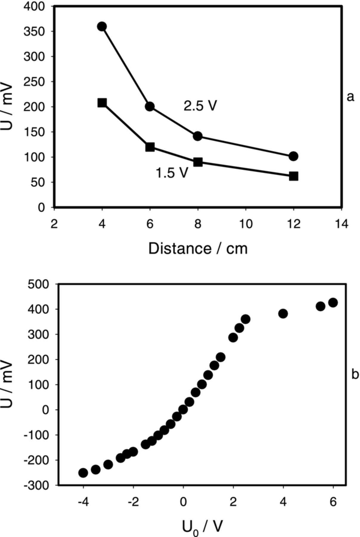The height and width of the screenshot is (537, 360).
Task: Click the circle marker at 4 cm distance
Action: (102, 27)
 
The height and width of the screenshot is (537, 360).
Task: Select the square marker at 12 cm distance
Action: (293, 176)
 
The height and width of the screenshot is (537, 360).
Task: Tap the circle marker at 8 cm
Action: (197, 136)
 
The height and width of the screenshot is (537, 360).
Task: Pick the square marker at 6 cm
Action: (150, 147)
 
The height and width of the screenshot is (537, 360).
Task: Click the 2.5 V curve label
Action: (200, 106)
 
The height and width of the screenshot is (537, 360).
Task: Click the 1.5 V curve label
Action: (172, 173)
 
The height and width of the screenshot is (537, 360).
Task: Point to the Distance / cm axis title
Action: (198, 249)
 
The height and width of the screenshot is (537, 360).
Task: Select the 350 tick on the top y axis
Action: (34, 31)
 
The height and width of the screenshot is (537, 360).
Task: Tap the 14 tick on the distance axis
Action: (342, 224)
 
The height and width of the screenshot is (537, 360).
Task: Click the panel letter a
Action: (350, 97)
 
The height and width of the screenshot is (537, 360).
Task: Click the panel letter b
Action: (355, 374)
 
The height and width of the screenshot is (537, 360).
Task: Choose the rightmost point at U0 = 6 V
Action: (333, 303)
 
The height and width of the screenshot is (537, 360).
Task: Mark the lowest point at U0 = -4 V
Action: (83, 473)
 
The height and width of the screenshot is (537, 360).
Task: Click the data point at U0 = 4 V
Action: (283, 314)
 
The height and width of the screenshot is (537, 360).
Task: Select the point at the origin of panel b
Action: (183, 410)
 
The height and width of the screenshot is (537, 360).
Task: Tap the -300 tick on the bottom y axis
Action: (36, 485)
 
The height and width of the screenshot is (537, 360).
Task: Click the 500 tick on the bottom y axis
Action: (38, 284)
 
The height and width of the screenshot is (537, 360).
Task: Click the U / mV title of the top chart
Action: (7, 107)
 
